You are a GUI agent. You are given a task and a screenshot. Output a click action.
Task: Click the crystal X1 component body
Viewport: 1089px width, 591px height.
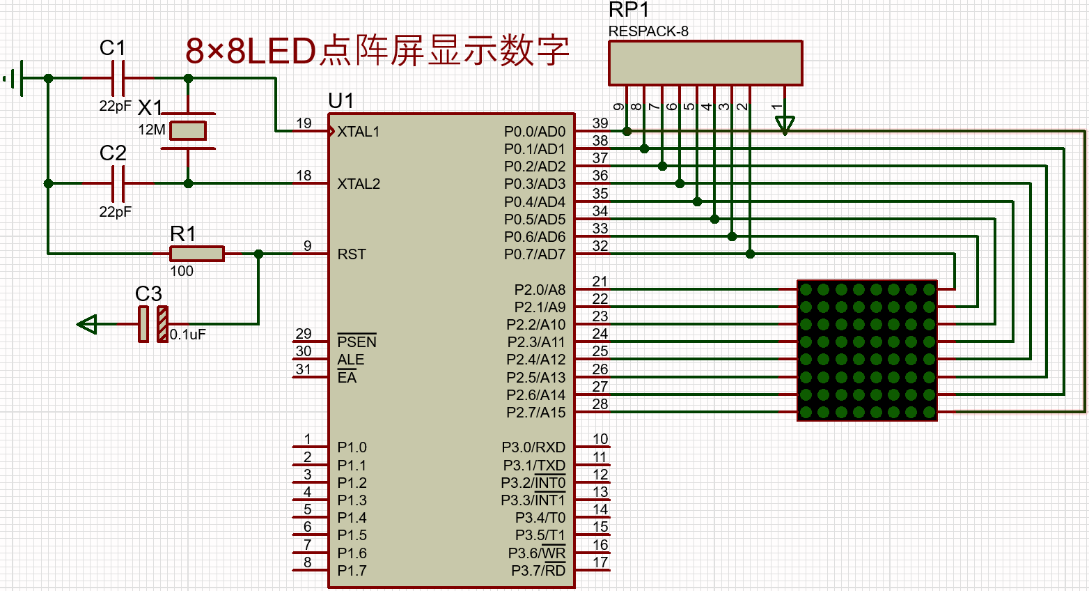(x=188, y=131)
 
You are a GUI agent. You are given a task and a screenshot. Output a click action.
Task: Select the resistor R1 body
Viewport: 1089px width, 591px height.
(x=197, y=254)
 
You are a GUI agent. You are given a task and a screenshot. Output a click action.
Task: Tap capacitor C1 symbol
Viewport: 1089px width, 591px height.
(x=118, y=78)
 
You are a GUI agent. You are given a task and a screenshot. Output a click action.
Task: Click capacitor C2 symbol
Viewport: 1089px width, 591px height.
(x=118, y=183)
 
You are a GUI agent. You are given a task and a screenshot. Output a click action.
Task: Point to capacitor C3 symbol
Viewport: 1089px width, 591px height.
(x=152, y=323)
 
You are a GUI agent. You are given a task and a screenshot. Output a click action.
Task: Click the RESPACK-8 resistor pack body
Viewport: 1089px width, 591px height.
(x=705, y=63)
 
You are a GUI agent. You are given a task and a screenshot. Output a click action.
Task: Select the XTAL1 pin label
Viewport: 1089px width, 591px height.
(x=359, y=132)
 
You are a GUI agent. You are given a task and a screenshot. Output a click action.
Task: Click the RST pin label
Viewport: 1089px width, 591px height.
(x=352, y=254)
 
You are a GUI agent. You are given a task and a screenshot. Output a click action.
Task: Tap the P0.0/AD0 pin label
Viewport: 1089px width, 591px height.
(x=535, y=132)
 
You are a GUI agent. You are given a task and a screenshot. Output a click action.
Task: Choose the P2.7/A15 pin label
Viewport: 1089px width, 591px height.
(x=536, y=413)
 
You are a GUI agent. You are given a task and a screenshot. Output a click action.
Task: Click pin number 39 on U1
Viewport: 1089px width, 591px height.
(x=600, y=123)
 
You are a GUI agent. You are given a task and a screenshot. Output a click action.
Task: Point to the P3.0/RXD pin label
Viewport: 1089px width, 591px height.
(x=533, y=447)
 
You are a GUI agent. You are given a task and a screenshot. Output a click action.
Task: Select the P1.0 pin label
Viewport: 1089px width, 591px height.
(x=352, y=447)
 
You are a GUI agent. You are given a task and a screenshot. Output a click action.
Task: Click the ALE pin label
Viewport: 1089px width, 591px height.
(x=351, y=360)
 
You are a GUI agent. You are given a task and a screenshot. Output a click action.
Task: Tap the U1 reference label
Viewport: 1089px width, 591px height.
(x=341, y=101)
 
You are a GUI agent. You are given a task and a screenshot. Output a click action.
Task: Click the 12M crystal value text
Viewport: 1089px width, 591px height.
(x=152, y=130)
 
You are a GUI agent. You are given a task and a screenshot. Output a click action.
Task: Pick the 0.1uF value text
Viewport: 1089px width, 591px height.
(x=188, y=335)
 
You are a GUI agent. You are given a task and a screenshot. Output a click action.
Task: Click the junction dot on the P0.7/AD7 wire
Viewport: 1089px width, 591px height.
(x=750, y=254)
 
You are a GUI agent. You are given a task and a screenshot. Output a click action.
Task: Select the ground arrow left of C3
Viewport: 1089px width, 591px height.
(x=87, y=324)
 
